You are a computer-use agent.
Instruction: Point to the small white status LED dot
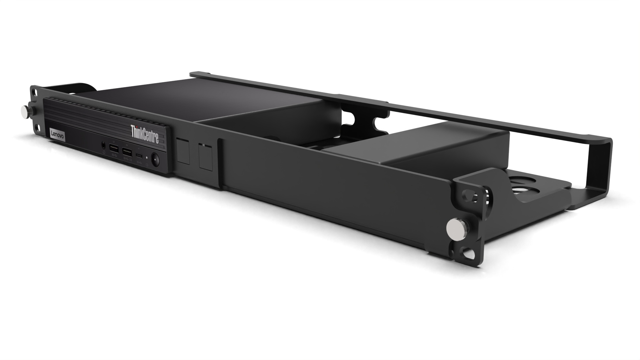click(x=147, y=158)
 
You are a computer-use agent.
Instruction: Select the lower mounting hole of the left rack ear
click(x=36, y=127)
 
